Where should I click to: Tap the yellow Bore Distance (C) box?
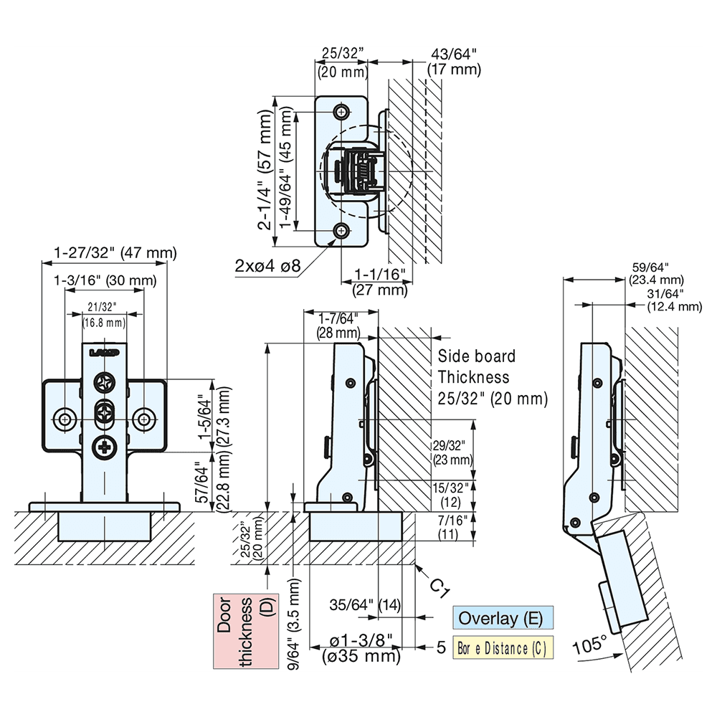pyautogui.click(x=503, y=649)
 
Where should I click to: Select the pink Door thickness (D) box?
pyautogui.click(x=246, y=631)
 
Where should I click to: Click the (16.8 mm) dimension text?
pyautogui.click(x=104, y=323)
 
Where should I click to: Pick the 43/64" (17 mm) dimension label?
pyautogui.click(x=453, y=62)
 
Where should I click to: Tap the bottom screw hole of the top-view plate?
pyautogui.click(x=342, y=230)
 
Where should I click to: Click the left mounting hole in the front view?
pyautogui.click(x=65, y=418)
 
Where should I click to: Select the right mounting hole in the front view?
pyautogui.click(x=144, y=418)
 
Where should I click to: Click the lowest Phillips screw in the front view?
pyautogui.click(x=105, y=448)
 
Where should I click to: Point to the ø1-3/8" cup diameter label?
pyautogui.click(x=361, y=640)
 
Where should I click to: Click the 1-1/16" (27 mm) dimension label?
pyautogui.click(x=380, y=283)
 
